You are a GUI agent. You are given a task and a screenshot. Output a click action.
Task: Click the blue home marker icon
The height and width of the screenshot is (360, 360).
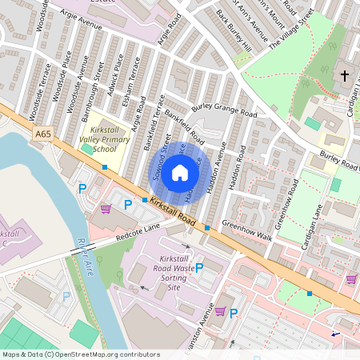180,172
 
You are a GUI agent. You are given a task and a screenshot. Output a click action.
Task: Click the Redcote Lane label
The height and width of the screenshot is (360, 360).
138,232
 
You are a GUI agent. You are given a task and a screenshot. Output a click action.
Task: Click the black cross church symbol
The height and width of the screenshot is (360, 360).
345,77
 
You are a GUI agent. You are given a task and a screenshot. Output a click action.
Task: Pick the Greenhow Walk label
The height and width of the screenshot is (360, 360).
247,230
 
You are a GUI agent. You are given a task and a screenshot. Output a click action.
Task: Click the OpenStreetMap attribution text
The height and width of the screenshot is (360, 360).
81,354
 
